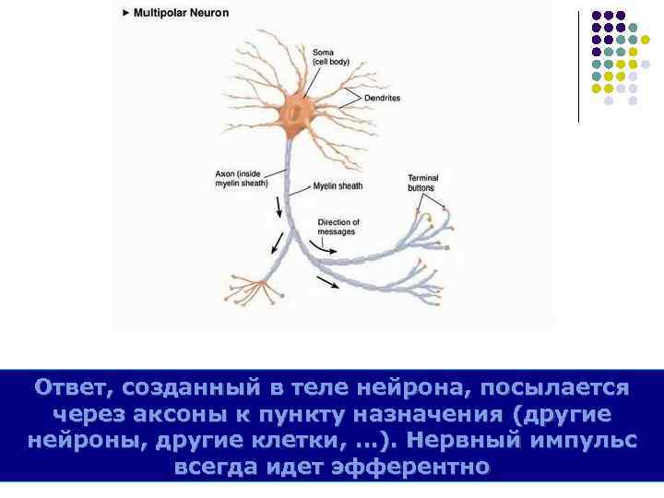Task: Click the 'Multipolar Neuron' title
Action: (x=182, y=14)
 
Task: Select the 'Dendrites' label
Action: (x=382, y=97)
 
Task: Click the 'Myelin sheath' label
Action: (x=338, y=185)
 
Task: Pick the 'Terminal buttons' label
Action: (x=422, y=183)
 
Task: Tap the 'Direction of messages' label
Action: (x=338, y=227)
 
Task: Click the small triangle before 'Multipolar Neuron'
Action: (x=125, y=14)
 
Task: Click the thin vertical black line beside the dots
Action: (x=578, y=65)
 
